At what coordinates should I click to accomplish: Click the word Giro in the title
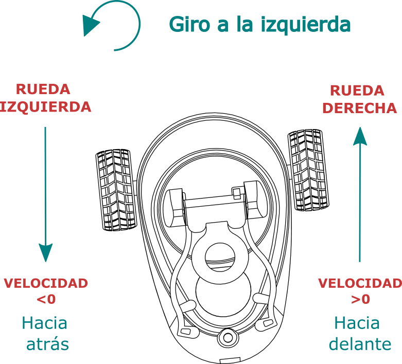pyautogui.click(x=189, y=24)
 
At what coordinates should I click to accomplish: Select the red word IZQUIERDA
pyautogui.click(x=45, y=107)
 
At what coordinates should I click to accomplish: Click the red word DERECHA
pyautogui.click(x=360, y=108)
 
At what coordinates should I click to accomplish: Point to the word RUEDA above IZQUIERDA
pyautogui.click(x=43, y=89)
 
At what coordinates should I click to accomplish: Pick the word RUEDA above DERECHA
pyautogui.click(x=357, y=90)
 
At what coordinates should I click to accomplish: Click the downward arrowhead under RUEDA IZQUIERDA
pyautogui.click(x=46, y=252)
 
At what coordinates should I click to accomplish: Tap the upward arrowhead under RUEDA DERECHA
pyautogui.click(x=360, y=136)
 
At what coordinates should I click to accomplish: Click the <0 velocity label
pyautogui.click(x=46, y=299)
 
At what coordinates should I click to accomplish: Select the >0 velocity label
pyautogui.click(x=360, y=299)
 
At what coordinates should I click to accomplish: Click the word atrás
pyautogui.click(x=48, y=344)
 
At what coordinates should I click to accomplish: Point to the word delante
pyautogui.click(x=360, y=343)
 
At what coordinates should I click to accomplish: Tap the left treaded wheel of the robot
pyautogui.click(x=116, y=190)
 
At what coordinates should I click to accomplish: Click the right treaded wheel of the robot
pyautogui.click(x=308, y=170)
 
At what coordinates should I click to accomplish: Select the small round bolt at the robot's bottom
pyautogui.click(x=228, y=338)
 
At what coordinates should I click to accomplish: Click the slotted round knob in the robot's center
pyautogui.click(x=220, y=257)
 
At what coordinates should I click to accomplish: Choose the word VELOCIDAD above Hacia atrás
pyautogui.click(x=46, y=283)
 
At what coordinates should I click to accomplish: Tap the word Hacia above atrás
pyautogui.click(x=45, y=323)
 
